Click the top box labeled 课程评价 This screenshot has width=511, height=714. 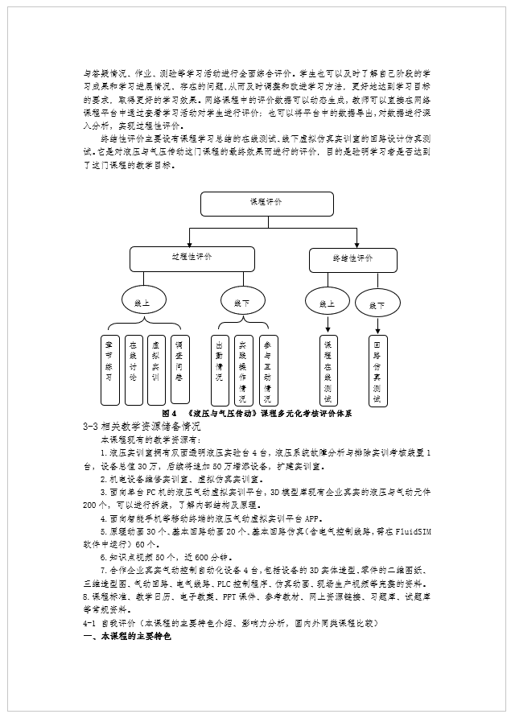(x=266, y=204)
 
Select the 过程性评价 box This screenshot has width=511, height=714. (x=192, y=258)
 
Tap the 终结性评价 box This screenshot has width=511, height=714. (x=352, y=260)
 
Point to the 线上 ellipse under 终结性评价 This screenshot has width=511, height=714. (x=327, y=303)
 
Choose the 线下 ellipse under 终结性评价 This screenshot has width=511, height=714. (x=377, y=304)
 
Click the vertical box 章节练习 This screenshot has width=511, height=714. (x=109, y=369)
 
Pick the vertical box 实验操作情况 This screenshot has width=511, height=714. (x=243, y=369)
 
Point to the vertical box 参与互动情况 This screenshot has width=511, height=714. (x=267, y=369)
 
